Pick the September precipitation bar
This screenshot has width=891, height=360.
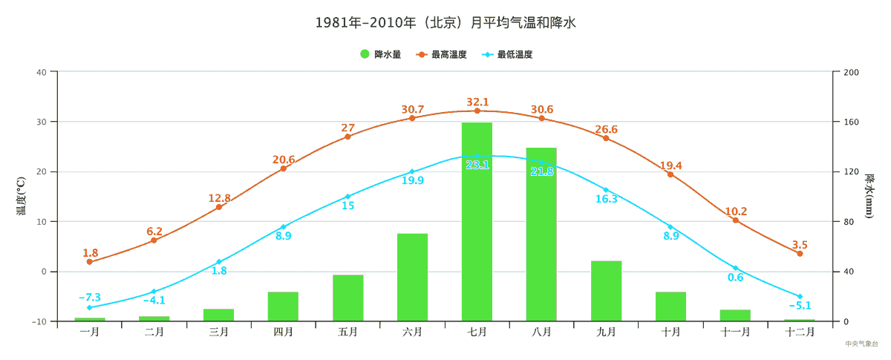coord(606,290)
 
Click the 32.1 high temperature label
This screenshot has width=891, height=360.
coord(477,102)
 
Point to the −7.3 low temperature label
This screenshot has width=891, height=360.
coord(90,297)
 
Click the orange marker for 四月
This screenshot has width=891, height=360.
coord(283,168)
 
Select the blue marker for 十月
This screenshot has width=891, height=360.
coord(670,227)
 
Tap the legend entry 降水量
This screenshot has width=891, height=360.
coord(380,54)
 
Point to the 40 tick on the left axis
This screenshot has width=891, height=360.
coord(42,72)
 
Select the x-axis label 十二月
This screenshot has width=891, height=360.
coord(800,332)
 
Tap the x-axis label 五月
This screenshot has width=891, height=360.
coord(347,332)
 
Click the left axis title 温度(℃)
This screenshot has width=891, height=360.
coord(22,196)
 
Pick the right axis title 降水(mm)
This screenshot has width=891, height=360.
coord(869,196)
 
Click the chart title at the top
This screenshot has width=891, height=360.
coord(446,23)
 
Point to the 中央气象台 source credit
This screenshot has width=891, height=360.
coord(861,344)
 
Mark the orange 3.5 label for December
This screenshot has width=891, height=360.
coord(800,245)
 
